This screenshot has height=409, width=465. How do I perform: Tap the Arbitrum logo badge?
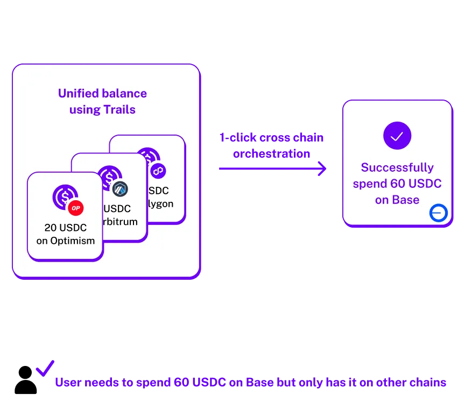tap(120, 188)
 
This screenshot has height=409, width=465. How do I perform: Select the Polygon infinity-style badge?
tap(158, 171)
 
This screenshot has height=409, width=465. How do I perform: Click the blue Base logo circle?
tap(438, 214)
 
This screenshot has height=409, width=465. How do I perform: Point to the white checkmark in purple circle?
tap(397, 136)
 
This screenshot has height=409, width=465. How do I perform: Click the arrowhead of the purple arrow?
tap(321, 168)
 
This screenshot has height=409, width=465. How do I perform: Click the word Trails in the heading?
tap(119, 110)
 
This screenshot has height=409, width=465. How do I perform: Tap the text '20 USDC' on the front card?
tap(66, 228)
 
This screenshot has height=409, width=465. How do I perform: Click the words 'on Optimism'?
tap(66, 241)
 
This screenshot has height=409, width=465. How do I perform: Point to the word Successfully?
tap(397, 167)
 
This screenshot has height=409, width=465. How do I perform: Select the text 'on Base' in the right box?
tap(397, 200)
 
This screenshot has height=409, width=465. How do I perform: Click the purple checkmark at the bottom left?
tap(45, 369)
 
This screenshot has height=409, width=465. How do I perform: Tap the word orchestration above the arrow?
tap(271, 154)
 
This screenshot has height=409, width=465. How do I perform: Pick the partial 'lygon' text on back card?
tap(161, 204)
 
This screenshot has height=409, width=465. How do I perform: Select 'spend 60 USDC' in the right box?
tap(397, 184)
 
